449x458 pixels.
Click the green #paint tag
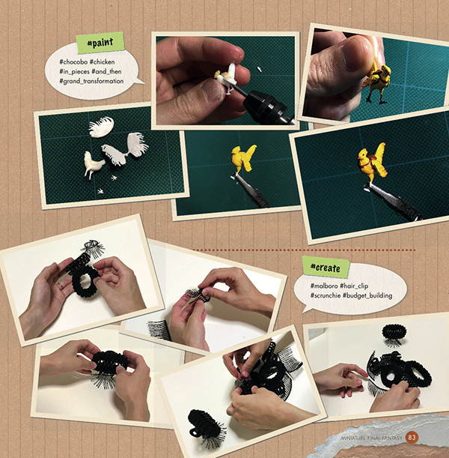point(100,43)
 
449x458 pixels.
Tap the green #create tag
point(326,267)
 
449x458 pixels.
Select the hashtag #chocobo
point(73,62)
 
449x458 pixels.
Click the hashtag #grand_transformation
point(91,81)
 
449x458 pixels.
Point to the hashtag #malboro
point(324,286)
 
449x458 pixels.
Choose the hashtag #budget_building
point(367,295)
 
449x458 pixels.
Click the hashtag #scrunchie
point(325,295)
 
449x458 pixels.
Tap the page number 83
point(412,438)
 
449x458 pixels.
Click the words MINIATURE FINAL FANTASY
point(371,438)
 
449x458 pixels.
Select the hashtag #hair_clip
point(354,286)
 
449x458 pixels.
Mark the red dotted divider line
point(304,250)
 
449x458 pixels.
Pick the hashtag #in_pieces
point(74,71)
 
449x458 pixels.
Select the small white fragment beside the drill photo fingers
point(259,69)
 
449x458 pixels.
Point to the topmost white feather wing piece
point(101,127)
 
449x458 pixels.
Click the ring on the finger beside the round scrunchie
point(61,286)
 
